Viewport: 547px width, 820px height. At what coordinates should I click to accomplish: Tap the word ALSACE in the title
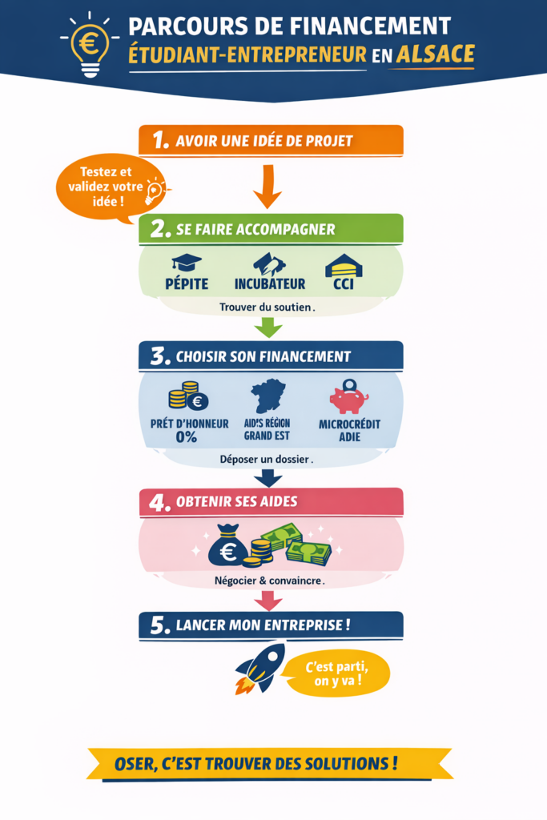pyautogui.click(x=434, y=54)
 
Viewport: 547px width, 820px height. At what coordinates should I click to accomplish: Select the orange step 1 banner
pyautogui.click(x=271, y=141)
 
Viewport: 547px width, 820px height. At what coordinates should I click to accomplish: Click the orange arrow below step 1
pyautogui.click(x=267, y=187)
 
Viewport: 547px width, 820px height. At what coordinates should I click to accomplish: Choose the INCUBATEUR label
pyautogui.click(x=270, y=283)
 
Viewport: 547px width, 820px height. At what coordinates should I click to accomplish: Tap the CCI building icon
pyautogui.click(x=343, y=265)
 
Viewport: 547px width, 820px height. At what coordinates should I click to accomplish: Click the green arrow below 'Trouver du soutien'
pyautogui.click(x=267, y=327)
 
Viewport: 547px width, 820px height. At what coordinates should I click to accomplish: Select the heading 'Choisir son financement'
pyautogui.click(x=271, y=356)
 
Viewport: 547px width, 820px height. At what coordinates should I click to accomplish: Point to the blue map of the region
pyautogui.click(x=270, y=394)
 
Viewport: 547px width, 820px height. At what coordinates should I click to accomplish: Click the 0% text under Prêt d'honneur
pyautogui.click(x=187, y=437)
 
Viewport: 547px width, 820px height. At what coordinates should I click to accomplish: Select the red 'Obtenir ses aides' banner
pyautogui.click(x=271, y=502)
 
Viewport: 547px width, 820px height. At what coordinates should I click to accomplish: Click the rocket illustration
pyautogui.click(x=259, y=667)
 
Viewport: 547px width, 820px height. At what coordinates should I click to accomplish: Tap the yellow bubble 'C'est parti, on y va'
pyautogui.click(x=336, y=673)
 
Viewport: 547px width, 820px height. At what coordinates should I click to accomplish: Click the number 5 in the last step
pyautogui.click(x=160, y=625)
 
